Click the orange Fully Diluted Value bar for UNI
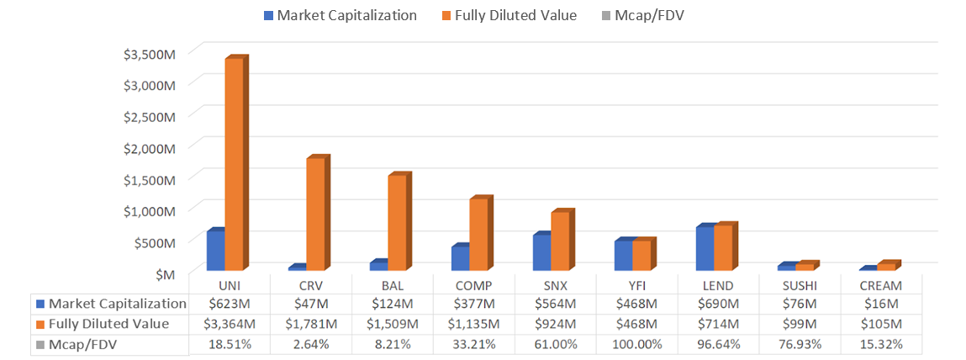pos(234,164)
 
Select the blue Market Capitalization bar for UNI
pos(215,250)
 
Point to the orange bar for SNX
pos(560,241)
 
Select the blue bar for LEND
pos(705,248)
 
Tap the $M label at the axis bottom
pos(166,273)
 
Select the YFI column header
pos(636,285)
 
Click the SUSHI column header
pos(798,285)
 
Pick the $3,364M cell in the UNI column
pos(230,324)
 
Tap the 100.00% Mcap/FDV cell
pos(636,344)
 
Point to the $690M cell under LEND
pos(717,304)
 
